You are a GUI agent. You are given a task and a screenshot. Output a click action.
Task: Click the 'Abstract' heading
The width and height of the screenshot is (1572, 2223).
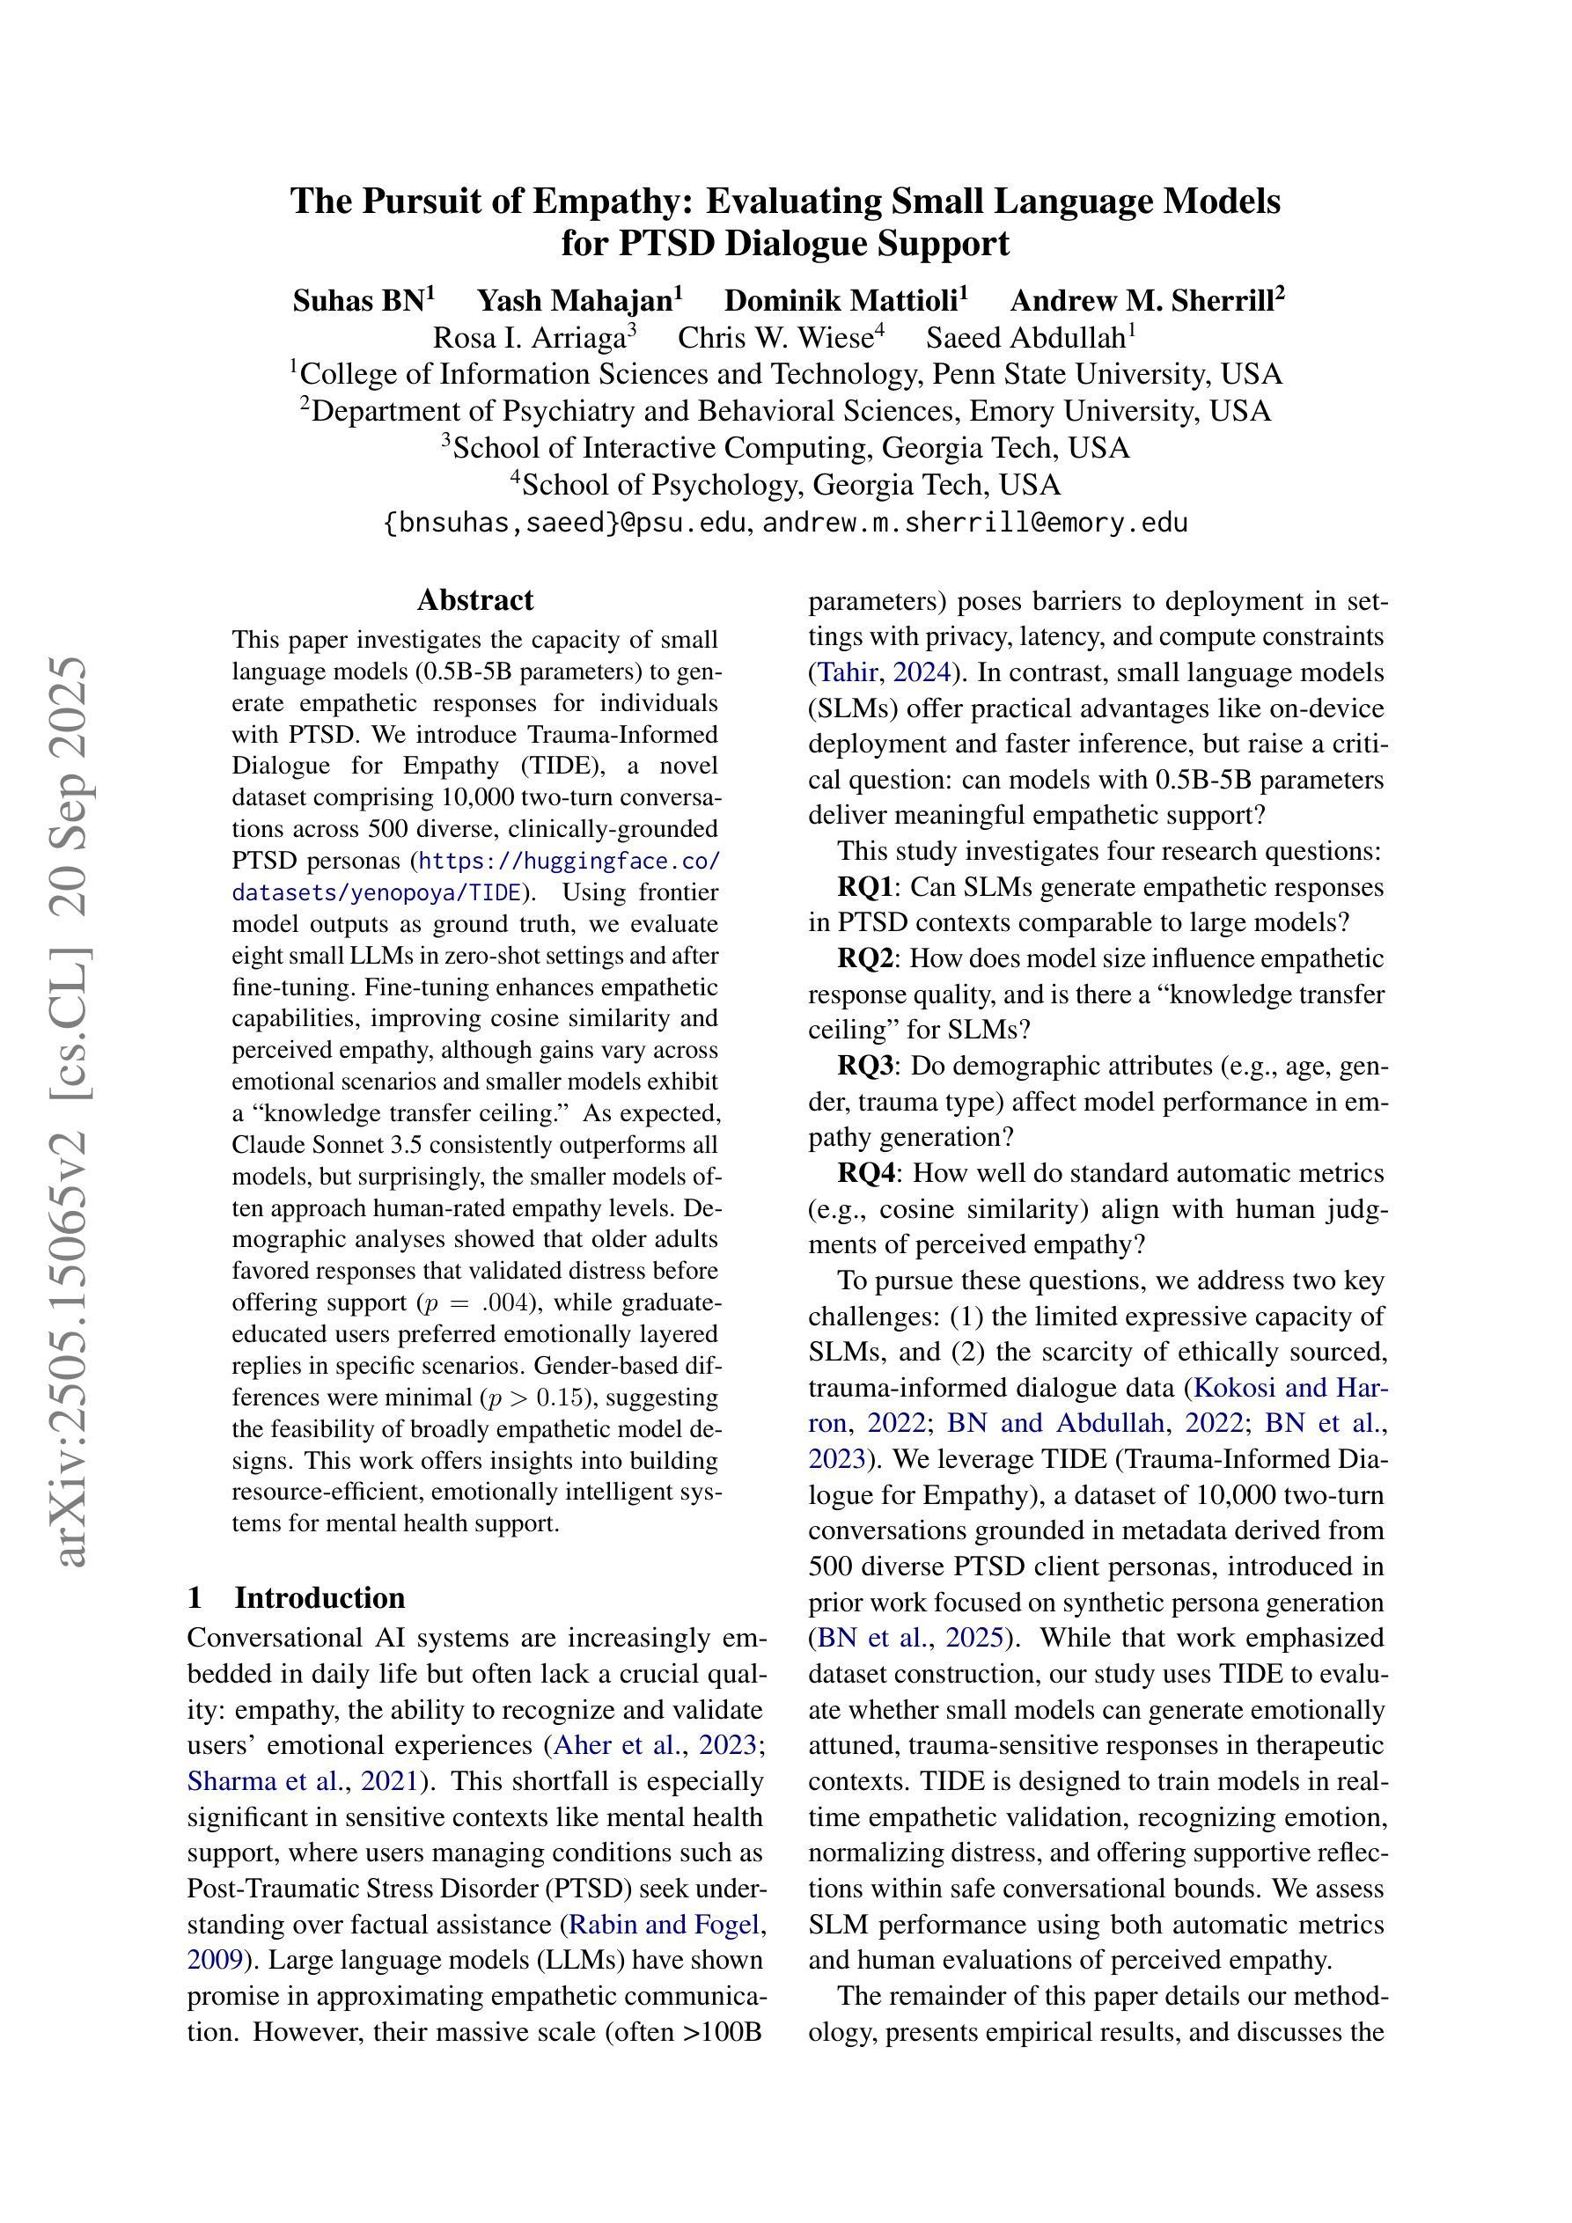(x=474, y=600)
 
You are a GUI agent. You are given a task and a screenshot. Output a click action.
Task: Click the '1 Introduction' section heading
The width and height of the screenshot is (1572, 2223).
(x=297, y=1596)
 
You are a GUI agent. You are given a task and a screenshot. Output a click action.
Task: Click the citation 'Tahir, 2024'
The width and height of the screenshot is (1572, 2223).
(x=885, y=672)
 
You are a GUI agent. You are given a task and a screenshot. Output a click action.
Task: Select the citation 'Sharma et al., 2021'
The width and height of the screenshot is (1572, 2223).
(x=302, y=1780)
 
